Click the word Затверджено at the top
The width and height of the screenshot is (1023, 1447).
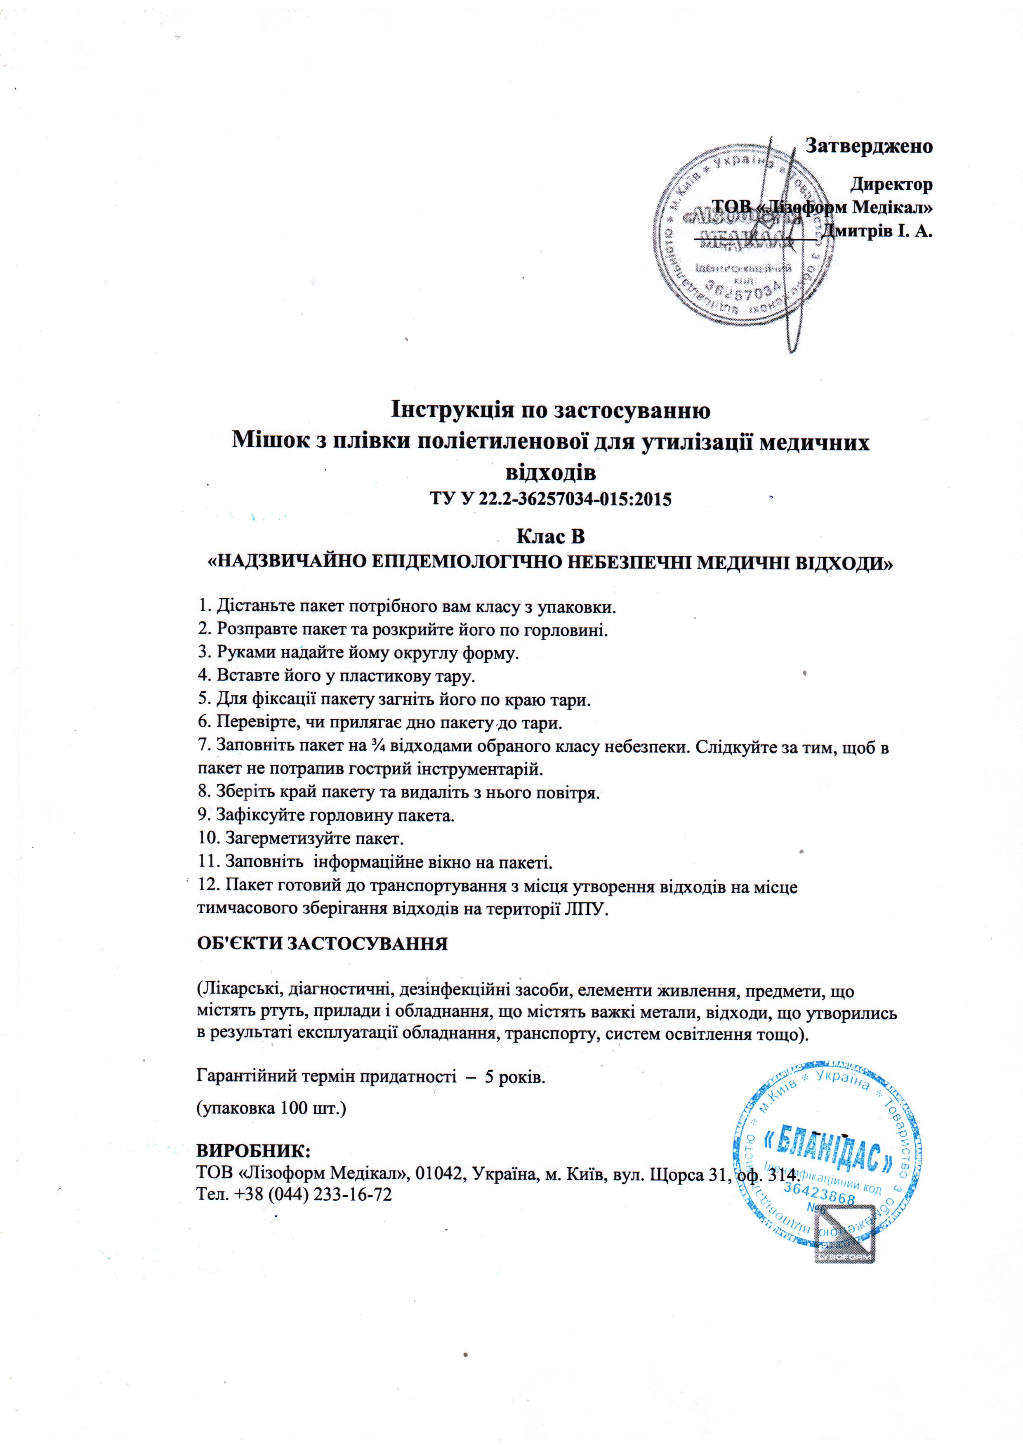(x=869, y=146)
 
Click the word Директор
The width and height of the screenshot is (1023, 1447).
(x=891, y=185)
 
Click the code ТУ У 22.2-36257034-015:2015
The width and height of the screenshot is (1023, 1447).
(x=551, y=499)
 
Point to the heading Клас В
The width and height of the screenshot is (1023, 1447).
(x=551, y=536)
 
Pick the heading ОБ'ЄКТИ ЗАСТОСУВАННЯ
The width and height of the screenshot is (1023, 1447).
(x=323, y=944)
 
